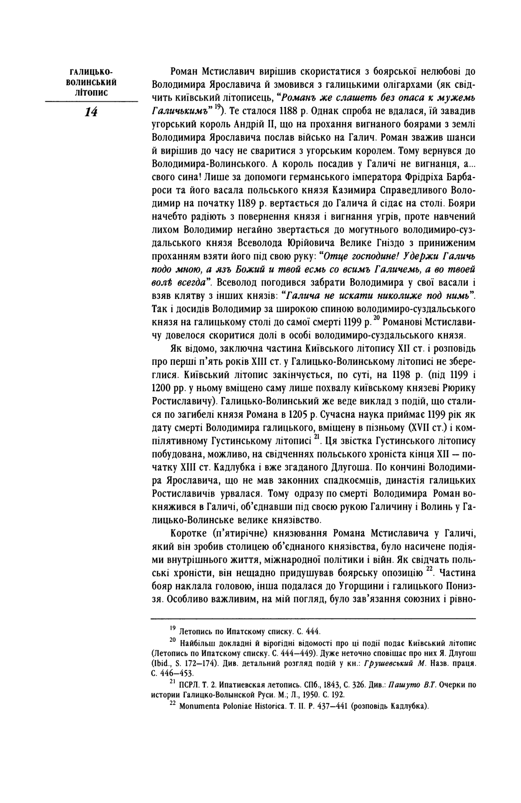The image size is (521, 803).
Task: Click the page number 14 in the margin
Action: coord(91,112)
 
